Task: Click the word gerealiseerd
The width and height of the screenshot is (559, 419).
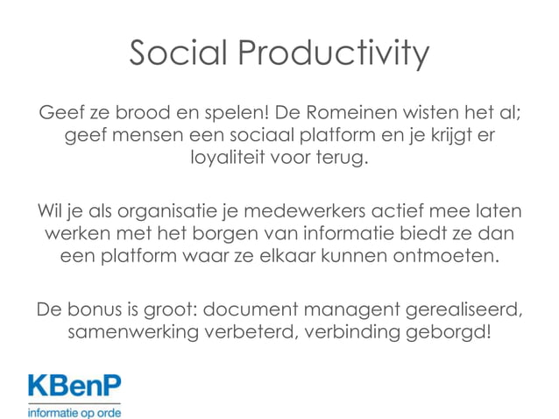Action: [463, 311]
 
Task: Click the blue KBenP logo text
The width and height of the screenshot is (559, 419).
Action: [74, 387]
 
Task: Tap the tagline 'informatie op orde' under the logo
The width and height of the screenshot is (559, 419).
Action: [74, 410]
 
